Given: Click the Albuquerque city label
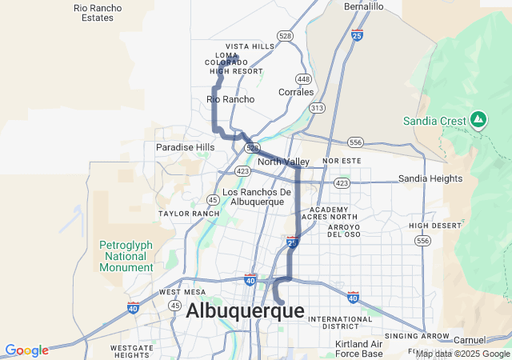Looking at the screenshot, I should click(x=245, y=311).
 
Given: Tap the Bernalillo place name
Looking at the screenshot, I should click(x=364, y=6).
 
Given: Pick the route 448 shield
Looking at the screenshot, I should click(x=303, y=78).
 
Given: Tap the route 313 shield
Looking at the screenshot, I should click(x=318, y=107).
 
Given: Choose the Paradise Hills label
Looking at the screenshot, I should click(x=185, y=147).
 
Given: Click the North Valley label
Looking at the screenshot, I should click(x=283, y=162).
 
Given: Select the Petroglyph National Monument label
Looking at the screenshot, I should click(x=126, y=256).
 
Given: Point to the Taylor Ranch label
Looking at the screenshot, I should click(x=189, y=214).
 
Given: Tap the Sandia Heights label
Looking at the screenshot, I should click(x=430, y=178).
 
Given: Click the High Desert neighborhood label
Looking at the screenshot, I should click(x=435, y=226).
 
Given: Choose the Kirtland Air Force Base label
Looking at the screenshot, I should click(x=359, y=349).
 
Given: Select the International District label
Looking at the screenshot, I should click(x=340, y=322).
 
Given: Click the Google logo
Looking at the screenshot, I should click(x=26, y=350).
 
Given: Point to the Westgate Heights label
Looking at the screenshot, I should click(x=132, y=351).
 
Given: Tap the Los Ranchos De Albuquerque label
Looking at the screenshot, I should click(x=256, y=197).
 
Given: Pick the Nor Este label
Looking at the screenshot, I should click(x=337, y=161).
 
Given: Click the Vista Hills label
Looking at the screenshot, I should click(x=250, y=46).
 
